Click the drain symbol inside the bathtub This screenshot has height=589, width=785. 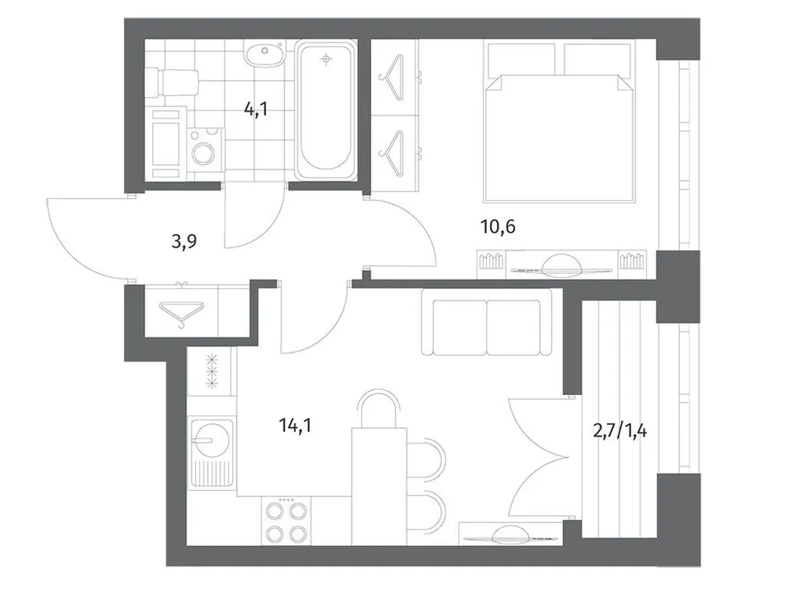pos(327,57)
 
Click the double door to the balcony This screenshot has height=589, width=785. pos(542,455)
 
